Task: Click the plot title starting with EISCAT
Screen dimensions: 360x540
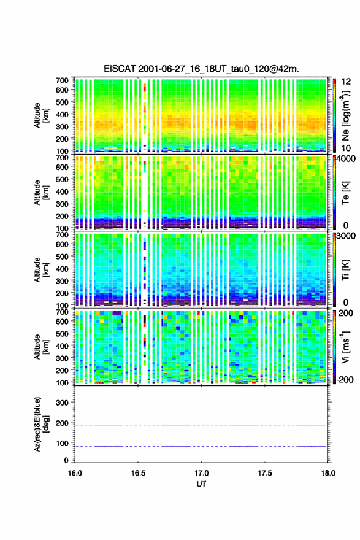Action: (201, 69)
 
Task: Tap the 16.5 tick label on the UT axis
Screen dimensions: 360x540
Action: (138, 473)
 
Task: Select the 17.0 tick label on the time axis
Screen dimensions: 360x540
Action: (201, 473)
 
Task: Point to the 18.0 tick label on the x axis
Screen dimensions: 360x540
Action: (328, 473)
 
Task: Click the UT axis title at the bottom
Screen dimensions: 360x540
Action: (201, 484)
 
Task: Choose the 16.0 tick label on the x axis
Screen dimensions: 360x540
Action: (75, 473)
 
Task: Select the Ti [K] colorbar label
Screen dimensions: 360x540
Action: (345, 270)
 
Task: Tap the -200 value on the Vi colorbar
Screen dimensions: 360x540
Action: (345, 379)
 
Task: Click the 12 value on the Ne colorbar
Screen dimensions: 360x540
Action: (347, 81)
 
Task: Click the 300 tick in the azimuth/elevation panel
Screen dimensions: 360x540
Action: (63, 403)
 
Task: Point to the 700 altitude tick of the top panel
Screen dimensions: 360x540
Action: (63, 80)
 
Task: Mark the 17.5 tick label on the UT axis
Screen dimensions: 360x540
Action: (265, 473)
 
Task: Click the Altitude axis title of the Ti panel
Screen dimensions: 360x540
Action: (41, 269)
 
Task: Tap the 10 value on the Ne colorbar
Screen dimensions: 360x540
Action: (347, 148)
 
